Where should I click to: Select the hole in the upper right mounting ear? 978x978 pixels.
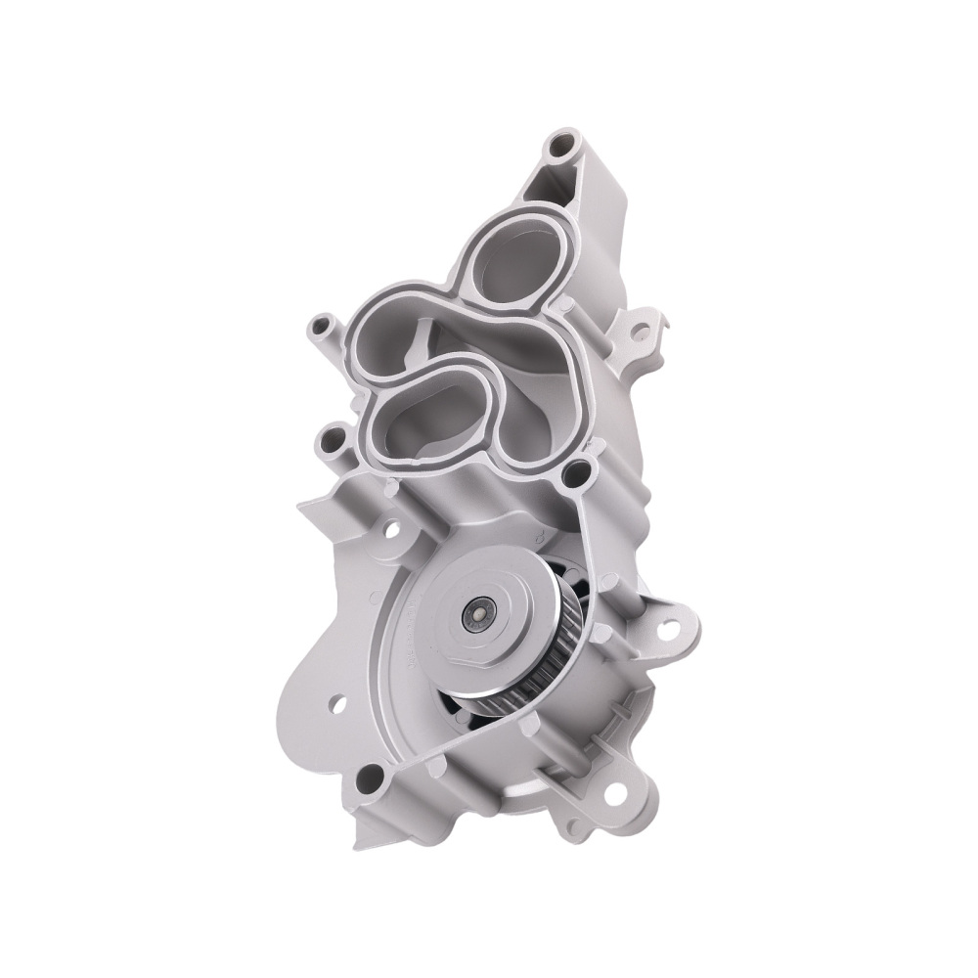[x=641, y=333]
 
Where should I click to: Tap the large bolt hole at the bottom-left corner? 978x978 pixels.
[x=370, y=778]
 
